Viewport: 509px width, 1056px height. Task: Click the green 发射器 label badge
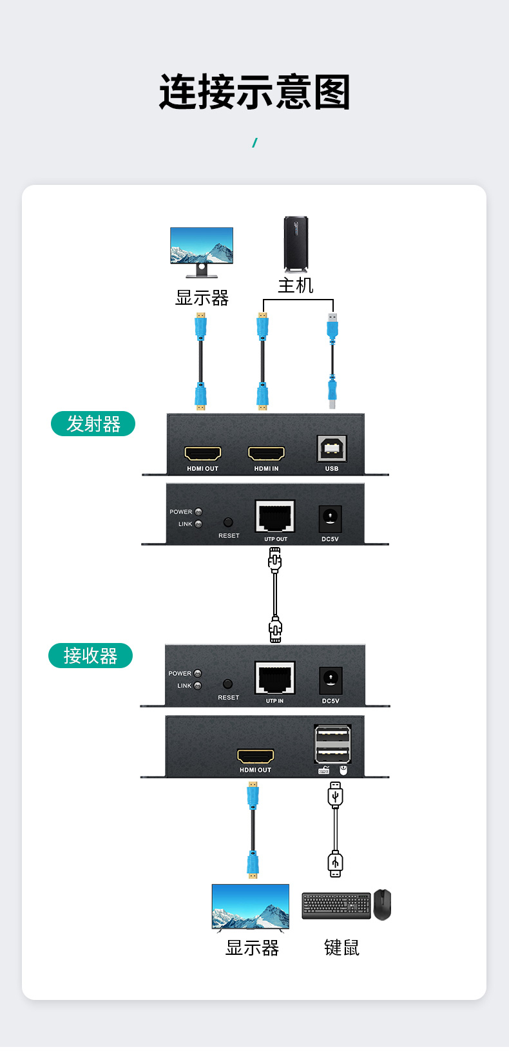click(93, 424)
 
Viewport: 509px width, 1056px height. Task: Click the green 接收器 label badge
click(90, 656)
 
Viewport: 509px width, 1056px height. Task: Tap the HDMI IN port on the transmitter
click(266, 454)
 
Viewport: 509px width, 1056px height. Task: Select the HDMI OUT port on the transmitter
click(203, 454)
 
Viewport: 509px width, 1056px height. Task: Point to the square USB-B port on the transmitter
click(332, 448)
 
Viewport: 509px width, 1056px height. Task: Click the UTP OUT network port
click(275, 517)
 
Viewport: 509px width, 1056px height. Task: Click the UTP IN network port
click(275, 678)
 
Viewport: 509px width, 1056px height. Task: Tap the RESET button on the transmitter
click(228, 523)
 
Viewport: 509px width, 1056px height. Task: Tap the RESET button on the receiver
click(227, 684)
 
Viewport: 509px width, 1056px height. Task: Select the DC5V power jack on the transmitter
click(330, 518)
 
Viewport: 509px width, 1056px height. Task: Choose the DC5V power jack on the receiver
click(331, 680)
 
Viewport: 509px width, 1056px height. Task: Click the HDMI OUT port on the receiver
click(256, 756)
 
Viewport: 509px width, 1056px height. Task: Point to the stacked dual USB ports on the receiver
click(332, 744)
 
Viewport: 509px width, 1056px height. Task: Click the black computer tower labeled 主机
click(296, 244)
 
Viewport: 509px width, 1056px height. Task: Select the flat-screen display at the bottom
click(251, 907)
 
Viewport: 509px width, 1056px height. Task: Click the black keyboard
click(336, 905)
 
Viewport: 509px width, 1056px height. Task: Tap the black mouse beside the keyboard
click(383, 905)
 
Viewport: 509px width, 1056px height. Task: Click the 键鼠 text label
click(341, 948)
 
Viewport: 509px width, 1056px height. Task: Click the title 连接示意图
click(254, 92)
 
